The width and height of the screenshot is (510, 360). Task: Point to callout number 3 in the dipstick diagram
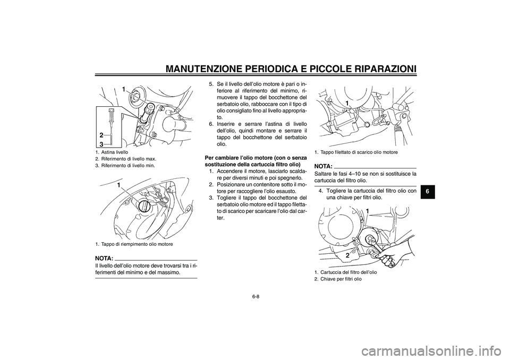click(101, 144)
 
